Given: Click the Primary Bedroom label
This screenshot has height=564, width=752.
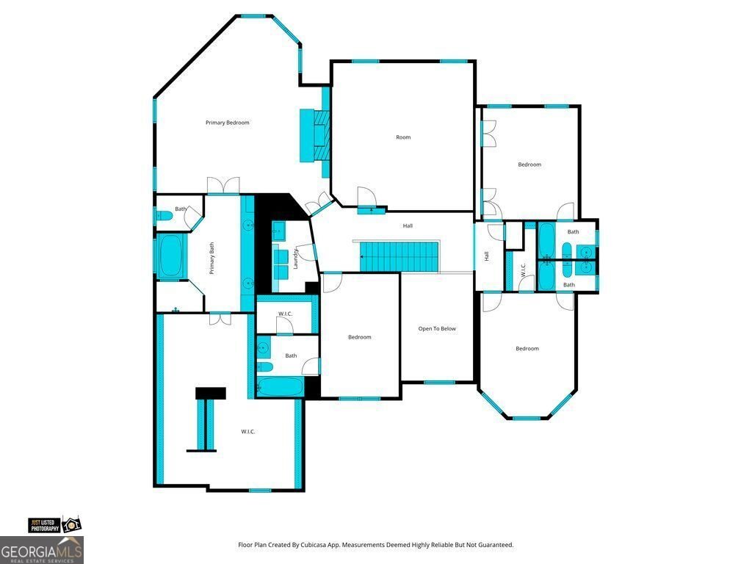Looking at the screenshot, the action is click(x=228, y=123).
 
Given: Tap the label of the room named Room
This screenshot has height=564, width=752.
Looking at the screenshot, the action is click(x=403, y=137).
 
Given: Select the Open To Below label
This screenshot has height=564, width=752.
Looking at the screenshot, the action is click(x=437, y=329).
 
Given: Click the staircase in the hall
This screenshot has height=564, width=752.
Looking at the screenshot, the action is click(x=399, y=257).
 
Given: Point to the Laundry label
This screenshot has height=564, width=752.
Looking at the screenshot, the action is click(x=295, y=258).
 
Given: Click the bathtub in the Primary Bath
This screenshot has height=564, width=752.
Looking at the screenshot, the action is click(x=170, y=256).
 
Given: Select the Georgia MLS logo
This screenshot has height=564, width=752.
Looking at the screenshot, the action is click(x=42, y=550).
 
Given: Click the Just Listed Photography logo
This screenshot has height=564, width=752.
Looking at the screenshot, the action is click(x=54, y=525).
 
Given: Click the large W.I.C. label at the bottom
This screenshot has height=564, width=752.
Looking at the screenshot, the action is click(x=248, y=432).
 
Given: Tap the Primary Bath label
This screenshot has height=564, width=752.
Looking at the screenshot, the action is click(x=211, y=258).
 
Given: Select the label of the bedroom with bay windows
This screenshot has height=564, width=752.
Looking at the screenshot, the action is click(x=527, y=349).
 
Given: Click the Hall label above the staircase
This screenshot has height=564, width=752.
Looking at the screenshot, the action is click(x=408, y=226).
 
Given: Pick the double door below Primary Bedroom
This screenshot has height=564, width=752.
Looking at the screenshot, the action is click(x=223, y=186).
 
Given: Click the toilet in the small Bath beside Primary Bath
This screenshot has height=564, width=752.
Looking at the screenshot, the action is click(x=163, y=216).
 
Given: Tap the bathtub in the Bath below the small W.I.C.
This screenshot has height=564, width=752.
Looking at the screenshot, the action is click(x=281, y=387).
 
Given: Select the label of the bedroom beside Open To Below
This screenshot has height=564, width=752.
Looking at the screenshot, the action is click(x=360, y=337).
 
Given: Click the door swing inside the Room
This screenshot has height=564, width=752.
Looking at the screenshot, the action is click(x=366, y=196).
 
